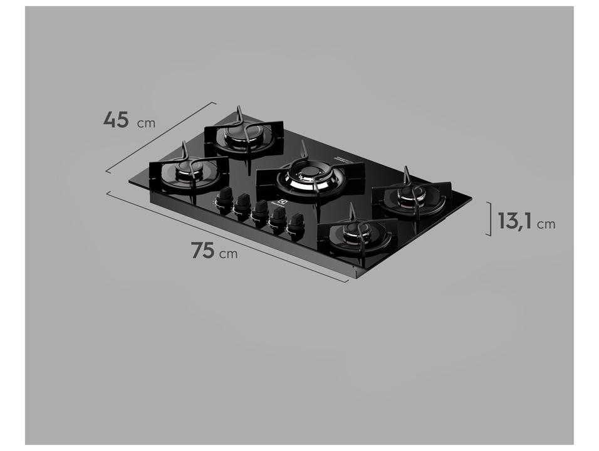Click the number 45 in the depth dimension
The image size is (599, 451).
pos(117,119)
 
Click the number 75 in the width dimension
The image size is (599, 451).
pos(204,251)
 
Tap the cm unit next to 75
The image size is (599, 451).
pos(229,254)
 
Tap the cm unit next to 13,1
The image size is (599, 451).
pos(546,223)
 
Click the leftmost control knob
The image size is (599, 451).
pos(223,198)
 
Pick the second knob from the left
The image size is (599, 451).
pos(242,204)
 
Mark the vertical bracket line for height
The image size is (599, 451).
pos(489,219)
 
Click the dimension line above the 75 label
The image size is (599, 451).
pos(226,236)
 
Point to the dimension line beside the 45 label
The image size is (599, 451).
pos(160,137)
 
